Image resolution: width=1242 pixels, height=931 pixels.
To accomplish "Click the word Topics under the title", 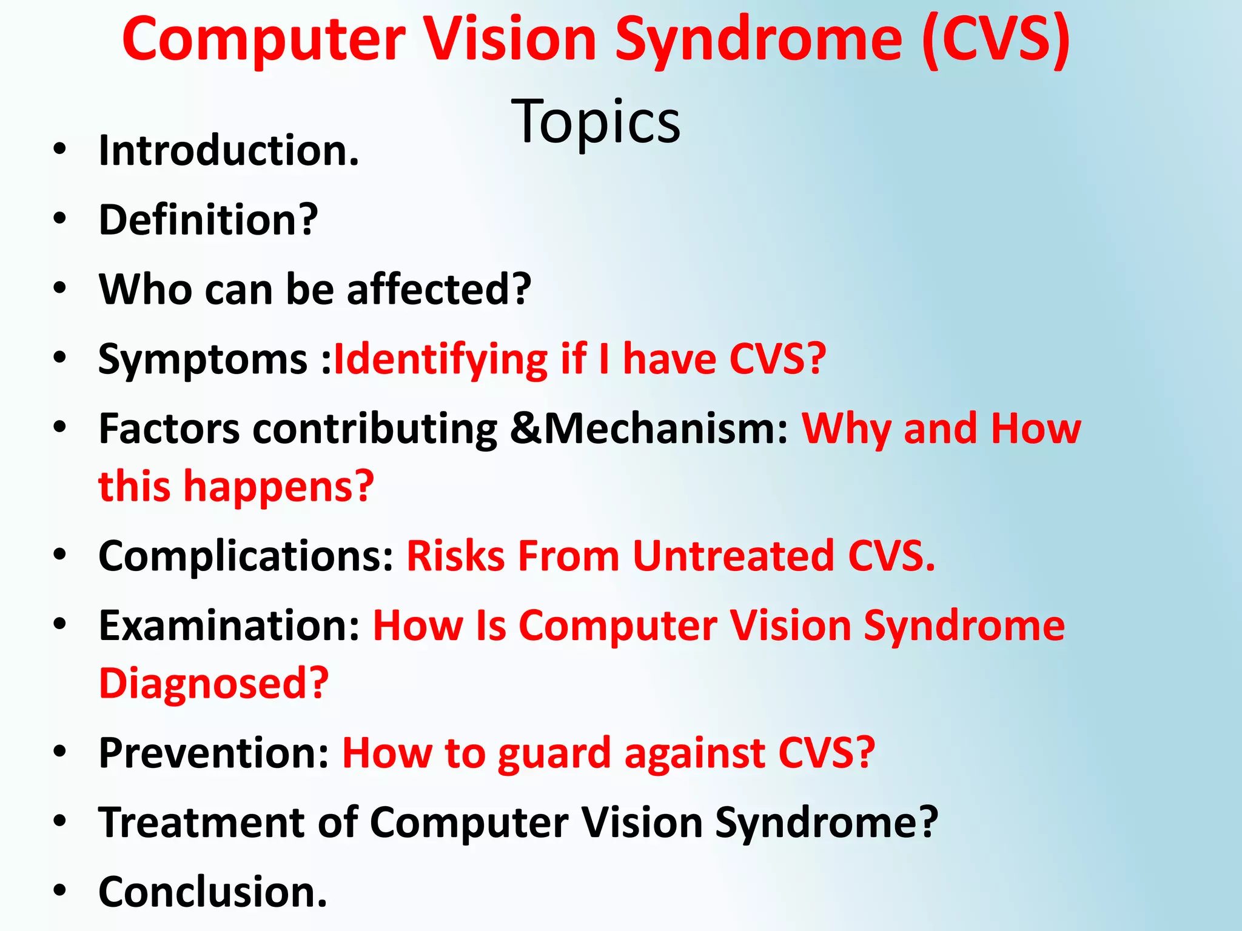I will tap(596, 122).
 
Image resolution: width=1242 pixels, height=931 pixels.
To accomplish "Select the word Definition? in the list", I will tap(208, 220).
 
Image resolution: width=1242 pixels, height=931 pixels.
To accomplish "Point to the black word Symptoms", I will tap(203, 360).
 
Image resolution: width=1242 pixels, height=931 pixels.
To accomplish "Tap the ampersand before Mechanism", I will tap(525, 429).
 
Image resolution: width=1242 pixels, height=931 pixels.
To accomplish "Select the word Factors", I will tap(169, 429).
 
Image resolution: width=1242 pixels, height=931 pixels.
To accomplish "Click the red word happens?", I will tap(279, 487).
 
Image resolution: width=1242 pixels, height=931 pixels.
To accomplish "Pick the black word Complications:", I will tap(246, 556).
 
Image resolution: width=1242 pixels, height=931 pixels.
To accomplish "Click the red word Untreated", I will tap(733, 556).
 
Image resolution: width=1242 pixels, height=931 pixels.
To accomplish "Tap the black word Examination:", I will tap(230, 626).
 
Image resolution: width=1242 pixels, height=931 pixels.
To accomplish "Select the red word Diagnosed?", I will tap(213, 684).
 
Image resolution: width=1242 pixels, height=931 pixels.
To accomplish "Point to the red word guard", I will tap(554, 754).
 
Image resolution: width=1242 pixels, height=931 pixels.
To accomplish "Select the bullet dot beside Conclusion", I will tap(59, 890).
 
